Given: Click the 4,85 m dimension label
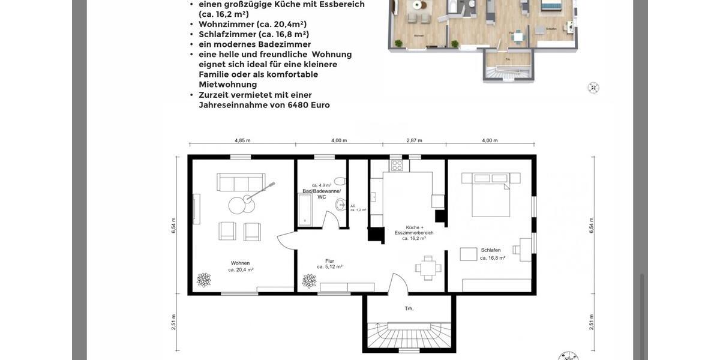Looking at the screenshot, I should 242,140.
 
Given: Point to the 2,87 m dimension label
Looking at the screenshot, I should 414,140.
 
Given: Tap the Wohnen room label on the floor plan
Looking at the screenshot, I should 240,263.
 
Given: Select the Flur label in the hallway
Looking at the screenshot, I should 329,261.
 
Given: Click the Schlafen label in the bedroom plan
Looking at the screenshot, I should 491,250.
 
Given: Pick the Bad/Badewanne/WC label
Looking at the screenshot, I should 322,191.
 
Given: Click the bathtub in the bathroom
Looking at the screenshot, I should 305,210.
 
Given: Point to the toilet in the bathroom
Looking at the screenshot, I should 340,181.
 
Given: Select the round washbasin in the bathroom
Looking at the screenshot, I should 341,205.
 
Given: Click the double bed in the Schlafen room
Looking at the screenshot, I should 490,194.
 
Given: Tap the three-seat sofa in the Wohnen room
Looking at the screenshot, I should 241,182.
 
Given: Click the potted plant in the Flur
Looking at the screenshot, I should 309,281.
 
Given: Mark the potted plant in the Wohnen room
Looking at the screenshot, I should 204,280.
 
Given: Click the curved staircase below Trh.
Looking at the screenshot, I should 409,336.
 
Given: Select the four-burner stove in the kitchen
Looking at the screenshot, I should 397,164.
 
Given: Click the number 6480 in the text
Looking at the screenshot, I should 298,105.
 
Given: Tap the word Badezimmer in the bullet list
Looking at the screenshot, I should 284,44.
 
